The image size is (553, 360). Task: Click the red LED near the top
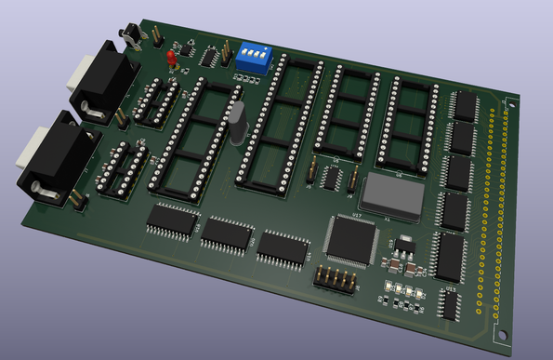(172, 60)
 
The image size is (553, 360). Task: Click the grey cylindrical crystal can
(238, 123)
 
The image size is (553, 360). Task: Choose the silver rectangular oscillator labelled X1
(391, 193)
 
